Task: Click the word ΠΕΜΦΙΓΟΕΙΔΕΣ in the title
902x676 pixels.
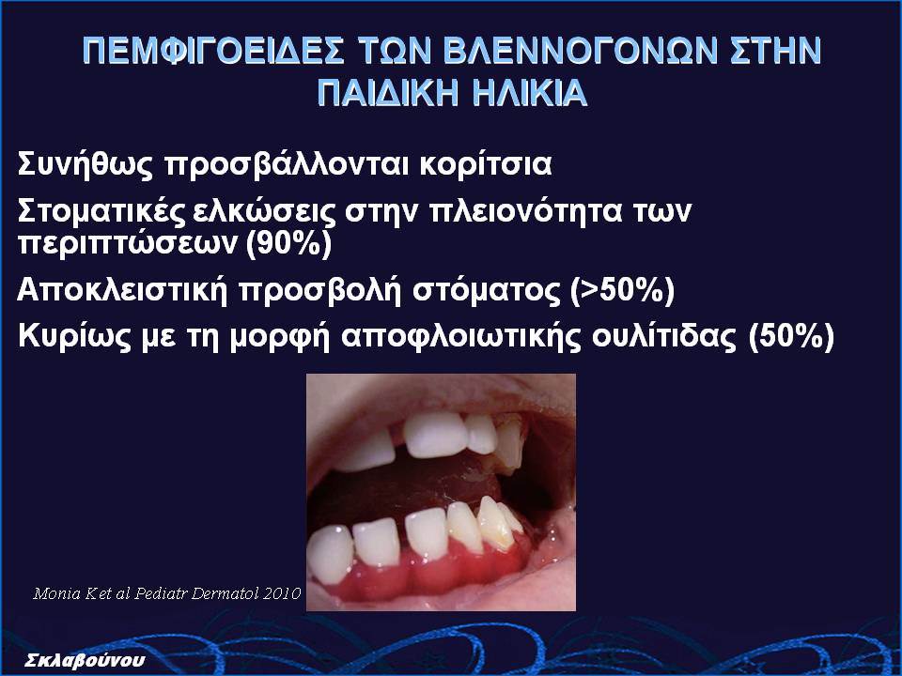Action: pos(213,51)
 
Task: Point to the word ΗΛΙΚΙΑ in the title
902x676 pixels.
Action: pos(530,93)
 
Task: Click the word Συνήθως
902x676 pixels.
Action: pos(86,165)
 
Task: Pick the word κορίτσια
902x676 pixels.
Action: pos(486,165)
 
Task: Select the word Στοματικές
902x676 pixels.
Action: pos(101,211)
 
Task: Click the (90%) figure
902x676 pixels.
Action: pos(288,244)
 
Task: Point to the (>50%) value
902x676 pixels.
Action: pos(622,290)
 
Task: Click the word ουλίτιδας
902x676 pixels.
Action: pos(664,336)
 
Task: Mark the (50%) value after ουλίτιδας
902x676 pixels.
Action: pos(791,336)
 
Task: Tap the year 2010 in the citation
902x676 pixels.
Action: pos(281,593)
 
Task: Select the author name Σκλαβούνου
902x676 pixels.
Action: pos(86,660)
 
